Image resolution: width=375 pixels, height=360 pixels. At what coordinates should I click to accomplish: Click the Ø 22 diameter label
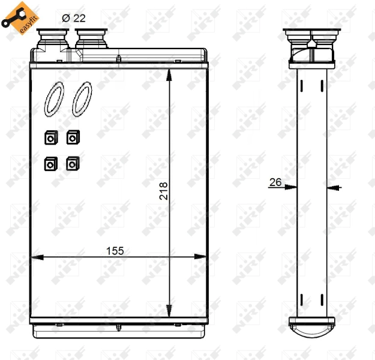[74, 18]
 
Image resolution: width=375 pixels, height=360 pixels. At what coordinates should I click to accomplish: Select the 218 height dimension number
[163, 191]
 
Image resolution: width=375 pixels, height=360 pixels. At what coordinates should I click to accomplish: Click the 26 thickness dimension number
[275, 182]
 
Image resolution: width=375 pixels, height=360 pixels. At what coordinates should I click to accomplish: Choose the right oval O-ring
[82, 99]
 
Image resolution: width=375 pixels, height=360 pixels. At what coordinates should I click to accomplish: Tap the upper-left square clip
[50, 139]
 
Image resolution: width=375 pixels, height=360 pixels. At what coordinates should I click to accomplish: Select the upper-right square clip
[72, 138]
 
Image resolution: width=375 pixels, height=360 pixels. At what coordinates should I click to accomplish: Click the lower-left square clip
[50, 163]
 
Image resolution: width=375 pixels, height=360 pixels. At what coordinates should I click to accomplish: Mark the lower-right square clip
[72, 163]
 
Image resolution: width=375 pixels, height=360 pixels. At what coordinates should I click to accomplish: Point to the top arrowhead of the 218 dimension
[171, 73]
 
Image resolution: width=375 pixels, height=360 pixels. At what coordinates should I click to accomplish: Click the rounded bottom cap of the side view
[313, 326]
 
